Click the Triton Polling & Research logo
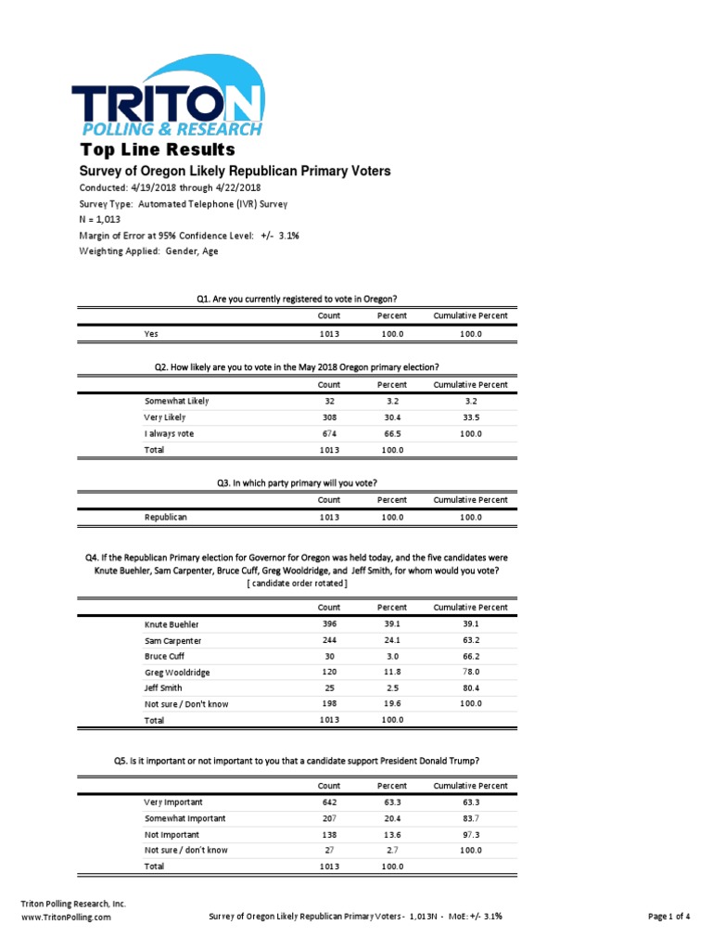click(x=168, y=97)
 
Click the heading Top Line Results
click(x=158, y=150)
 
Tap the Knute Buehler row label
click(x=172, y=624)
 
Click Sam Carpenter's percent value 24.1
click(x=391, y=640)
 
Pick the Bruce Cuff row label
click(x=166, y=656)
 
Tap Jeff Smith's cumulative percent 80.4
click(x=470, y=688)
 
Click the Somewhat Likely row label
click(x=176, y=402)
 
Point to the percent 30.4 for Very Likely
click(x=391, y=417)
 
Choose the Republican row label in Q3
click(x=166, y=517)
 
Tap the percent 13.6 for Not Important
click(x=391, y=835)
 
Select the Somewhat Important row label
click(x=184, y=819)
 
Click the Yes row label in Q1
click(x=151, y=334)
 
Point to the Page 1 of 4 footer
click(x=668, y=917)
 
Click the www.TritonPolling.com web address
click(x=66, y=917)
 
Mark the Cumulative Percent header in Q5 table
click(x=470, y=786)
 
